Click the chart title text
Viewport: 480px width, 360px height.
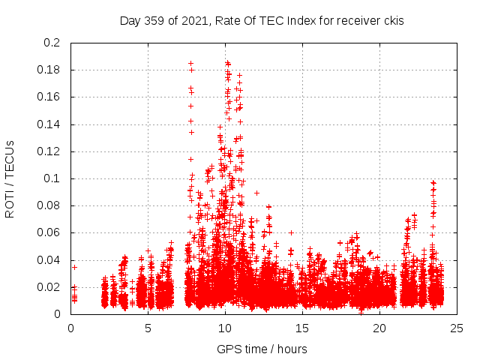[262, 21]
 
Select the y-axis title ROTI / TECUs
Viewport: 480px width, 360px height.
[10, 178]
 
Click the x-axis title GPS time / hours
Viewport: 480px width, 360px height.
[262, 349]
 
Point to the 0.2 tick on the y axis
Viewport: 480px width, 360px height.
[51, 43]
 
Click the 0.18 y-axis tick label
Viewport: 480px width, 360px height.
[48, 70]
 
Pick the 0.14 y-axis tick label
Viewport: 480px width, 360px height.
[48, 124]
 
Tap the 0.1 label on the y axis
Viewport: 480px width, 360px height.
[51, 178]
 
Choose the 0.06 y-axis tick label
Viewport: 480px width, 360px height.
[48, 232]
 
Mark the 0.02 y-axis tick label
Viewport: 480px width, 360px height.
[48, 287]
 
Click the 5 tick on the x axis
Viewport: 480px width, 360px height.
[148, 328]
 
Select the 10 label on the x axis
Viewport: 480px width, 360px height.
[225, 328]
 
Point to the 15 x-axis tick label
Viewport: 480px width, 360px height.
[302, 328]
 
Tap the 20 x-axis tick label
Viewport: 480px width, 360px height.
[379, 328]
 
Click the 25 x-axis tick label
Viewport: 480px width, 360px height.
[457, 328]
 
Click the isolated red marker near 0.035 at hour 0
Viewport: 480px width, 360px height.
[74, 267]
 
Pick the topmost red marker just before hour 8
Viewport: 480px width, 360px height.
[190, 64]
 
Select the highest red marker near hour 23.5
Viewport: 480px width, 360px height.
[433, 183]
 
